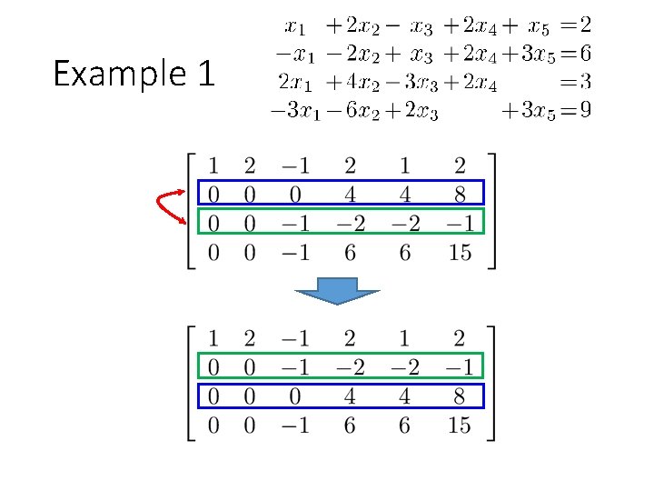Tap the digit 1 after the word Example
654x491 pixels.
203,74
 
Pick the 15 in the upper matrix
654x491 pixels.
461,253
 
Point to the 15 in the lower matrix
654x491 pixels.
461,426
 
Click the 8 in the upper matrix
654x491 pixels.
461,194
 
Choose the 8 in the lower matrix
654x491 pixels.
461,396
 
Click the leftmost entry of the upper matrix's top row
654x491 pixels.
213,165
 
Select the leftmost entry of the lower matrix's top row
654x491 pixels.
213,339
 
